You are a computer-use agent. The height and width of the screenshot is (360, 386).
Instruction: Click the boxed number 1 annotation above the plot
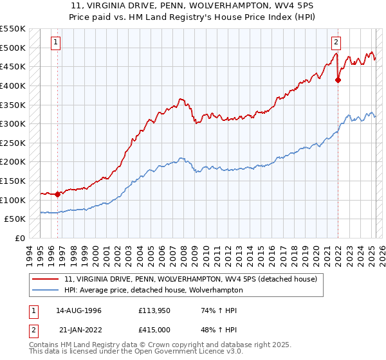tap(56, 43)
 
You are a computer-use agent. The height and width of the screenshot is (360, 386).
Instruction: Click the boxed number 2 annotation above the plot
tap(336, 43)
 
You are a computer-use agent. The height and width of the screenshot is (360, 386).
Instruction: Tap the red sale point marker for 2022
tap(338, 80)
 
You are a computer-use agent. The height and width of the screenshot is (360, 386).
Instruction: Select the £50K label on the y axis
tap(15, 219)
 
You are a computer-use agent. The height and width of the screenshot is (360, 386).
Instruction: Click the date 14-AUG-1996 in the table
tap(78, 310)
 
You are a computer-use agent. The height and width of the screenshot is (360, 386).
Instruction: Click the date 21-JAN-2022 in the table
tap(78, 330)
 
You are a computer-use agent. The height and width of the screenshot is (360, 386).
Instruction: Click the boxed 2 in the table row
tap(33, 330)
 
